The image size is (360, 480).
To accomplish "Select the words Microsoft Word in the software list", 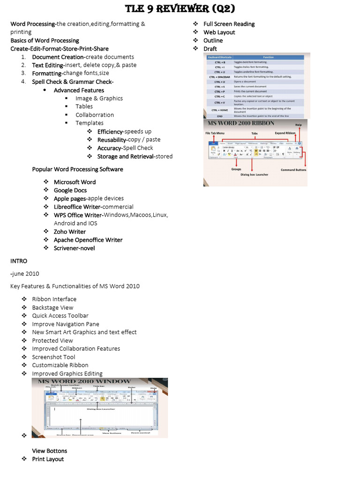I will click(75, 182).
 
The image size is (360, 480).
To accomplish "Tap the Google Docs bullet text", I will click(70, 190).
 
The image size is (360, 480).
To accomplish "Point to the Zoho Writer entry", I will click(70, 232).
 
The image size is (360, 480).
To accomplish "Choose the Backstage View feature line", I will click(52, 307).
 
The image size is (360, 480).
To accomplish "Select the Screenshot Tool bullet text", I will click(53, 357).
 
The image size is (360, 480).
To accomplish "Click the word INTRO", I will click(19, 261).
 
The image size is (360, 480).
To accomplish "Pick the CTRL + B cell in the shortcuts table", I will click(220, 62).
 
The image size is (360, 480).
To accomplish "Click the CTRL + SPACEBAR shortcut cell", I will click(220, 76).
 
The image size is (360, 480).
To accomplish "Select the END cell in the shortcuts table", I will click(220, 116).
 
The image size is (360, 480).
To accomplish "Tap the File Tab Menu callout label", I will click(218, 134).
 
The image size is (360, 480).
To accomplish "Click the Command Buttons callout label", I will click(293, 170).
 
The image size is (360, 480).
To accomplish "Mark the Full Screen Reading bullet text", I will click(229, 24).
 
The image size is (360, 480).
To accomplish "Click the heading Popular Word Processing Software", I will click(77, 169).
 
